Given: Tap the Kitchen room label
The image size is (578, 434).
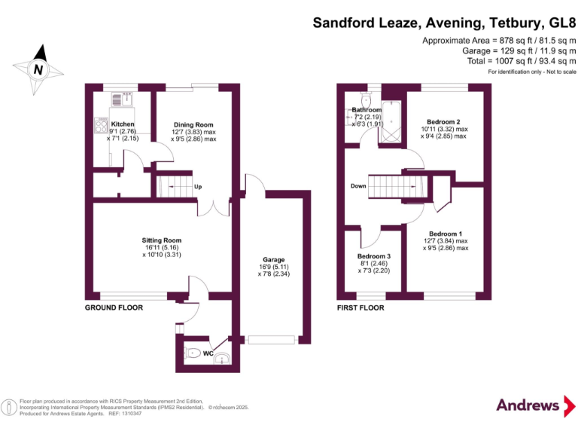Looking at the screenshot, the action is pyautogui.click(x=123, y=124).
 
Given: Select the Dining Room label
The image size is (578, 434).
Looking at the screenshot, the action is pyautogui.click(x=193, y=125).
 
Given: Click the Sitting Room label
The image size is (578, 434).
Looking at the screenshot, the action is pyautogui.click(x=143, y=240).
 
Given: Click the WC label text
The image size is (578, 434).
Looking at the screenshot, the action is pyautogui.click(x=208, y=353).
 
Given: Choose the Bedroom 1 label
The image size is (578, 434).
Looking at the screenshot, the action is pyautogui.click(x=446, y=234).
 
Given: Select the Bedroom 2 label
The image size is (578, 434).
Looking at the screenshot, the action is pyautogui.click(x=443, y=122).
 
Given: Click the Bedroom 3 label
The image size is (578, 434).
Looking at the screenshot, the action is pyautogui.click(x=374, y=257).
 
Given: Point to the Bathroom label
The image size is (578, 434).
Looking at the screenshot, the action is pyautogui.click(x=367, y=111).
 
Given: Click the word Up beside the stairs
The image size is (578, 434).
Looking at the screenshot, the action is pyautogui.click(x=198, y=187).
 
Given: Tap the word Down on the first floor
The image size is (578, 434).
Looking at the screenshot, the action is pyautogui.click(x=358, y=186).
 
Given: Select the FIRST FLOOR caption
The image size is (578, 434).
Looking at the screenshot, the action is pyautogui.click(x=360, y=307).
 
